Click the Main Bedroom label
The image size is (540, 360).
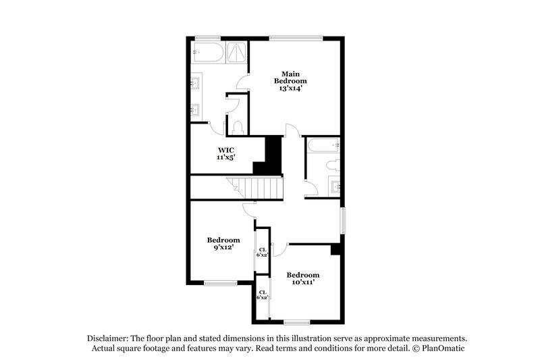tap(290, 80)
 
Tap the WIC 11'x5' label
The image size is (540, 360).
tap(225, 153)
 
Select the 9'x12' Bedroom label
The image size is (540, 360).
tap(223, 244)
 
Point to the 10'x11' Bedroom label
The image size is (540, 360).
tap(302, 278)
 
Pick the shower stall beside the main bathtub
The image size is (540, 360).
tap(236, 52)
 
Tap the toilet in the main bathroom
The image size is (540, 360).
tap(237, 127)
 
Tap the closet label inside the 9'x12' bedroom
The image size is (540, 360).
tap(261, 253)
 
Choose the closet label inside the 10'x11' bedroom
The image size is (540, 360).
tap(262, 294)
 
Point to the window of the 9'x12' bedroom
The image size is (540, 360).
tap(220, 283)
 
